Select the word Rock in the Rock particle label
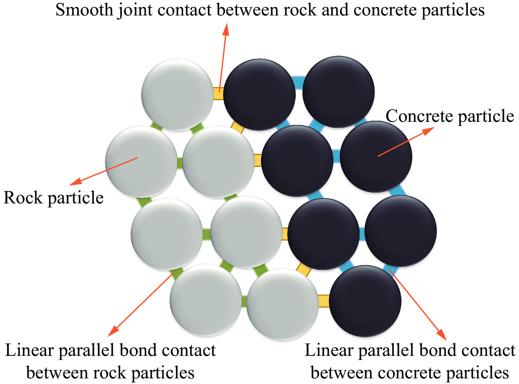point(23,197)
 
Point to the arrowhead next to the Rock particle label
point(74,182)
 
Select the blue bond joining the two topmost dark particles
point(299,83)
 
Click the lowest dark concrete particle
point(365,301)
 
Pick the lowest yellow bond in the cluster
point(324,301)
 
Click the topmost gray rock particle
point(177,95)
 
